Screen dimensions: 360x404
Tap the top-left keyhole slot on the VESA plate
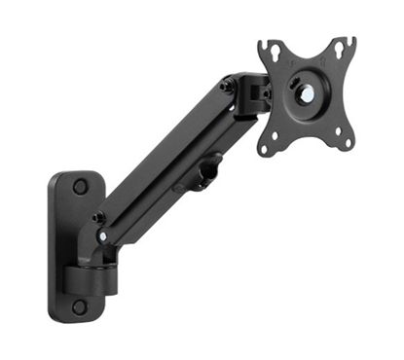[x=271, y=50]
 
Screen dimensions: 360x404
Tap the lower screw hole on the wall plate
[x=79, y=306]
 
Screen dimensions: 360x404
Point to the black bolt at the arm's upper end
[x=228, y=86]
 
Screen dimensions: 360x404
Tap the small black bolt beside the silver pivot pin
[x=98, y=218]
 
